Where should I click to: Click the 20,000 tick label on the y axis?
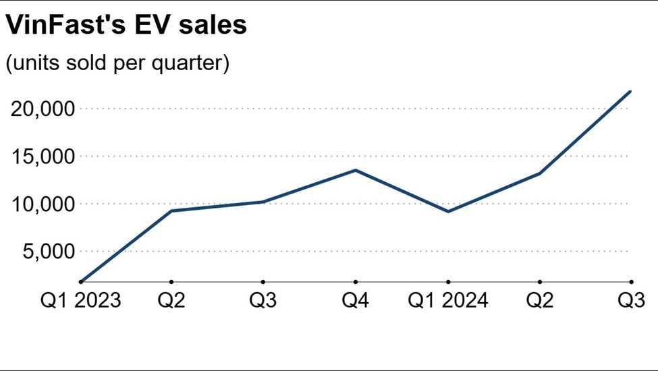(x=42, y=109)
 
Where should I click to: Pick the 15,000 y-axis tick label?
(x=42, y=156)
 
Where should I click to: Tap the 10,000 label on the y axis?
(x=42, y=204)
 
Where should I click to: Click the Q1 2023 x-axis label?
(x=80, y=299)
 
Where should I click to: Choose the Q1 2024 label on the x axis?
(x=448, y=299)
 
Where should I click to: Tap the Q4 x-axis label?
(x=356, y=299)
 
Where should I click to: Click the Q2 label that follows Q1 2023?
(x=171, y=299)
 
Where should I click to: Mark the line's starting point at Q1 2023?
(x=80, y=281)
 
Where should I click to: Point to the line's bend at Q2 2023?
(x=171, y=210)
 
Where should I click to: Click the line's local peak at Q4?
(x=356, y=170)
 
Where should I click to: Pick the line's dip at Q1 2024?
(x=448, y=212)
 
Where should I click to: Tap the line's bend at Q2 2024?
(x=540, y=173)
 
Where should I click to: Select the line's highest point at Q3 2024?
(x=630, y=91)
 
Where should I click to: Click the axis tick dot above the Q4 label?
(x=356, y=282)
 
